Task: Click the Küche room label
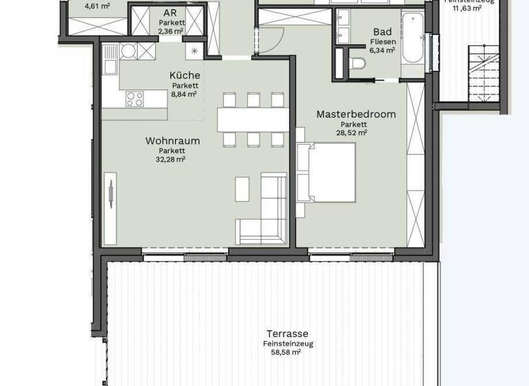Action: click(185, 75)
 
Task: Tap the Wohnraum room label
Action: click(172, 141)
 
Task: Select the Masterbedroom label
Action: click(356, 114)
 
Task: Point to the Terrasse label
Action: click(288, 332)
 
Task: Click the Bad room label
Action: click(382, 31)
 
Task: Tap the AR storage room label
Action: click(169, 13)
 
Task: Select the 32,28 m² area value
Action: click(172, 159)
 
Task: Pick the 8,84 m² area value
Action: click(185, 94)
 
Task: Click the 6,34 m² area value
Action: click(382, 50)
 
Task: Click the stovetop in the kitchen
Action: click(134, 99)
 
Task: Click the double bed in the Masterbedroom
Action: click(325, 172)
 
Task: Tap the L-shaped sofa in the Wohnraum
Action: click(265, 214)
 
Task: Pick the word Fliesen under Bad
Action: click(382, 41)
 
